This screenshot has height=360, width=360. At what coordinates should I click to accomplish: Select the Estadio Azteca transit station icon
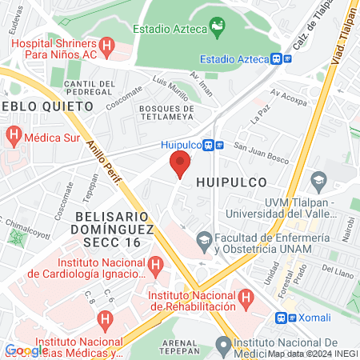(277, 58)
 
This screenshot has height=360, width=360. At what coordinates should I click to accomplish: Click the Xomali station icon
(280, 317)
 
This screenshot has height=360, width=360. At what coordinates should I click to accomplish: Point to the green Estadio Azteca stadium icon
(216, 28)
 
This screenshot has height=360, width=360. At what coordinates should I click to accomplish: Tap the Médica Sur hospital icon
(12, 136)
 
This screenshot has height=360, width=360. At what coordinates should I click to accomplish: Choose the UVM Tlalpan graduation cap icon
(319, 181)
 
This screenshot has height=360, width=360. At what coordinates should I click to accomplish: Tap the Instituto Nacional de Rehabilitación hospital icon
(247, 298)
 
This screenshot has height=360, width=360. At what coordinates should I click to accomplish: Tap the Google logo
(26, 350)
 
